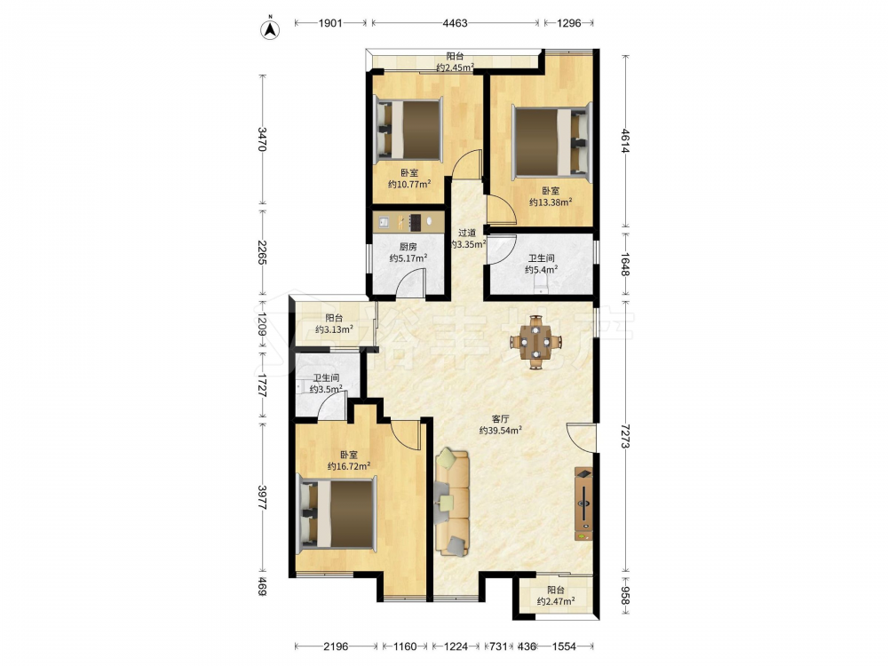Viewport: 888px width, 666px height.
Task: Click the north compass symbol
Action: (270, 29)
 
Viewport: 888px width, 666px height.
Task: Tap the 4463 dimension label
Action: (455, 23)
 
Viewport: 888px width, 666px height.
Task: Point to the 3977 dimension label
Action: (262, 496)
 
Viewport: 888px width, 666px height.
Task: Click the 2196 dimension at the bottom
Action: (336, 646)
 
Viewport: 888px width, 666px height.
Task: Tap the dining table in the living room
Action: (535, 342)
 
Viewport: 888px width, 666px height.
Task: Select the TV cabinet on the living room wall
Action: (584, 503)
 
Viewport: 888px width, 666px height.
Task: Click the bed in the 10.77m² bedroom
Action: (408, 129)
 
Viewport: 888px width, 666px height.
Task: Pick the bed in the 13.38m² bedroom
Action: (551, 142)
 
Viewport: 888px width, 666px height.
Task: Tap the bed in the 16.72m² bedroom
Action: (337, 513)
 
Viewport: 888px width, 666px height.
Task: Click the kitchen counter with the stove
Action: (408, 221)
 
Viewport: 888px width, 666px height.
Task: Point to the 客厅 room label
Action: (500, 419)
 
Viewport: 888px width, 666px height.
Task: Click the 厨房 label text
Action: (408, 247)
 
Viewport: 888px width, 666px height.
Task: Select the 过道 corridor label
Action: (467, 233)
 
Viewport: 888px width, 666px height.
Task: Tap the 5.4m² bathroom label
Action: (541, 264)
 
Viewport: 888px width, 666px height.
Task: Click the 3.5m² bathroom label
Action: (326, 384)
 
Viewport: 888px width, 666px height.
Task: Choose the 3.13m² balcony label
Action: (334, 323)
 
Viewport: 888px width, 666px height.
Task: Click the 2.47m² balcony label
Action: (556, 595)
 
